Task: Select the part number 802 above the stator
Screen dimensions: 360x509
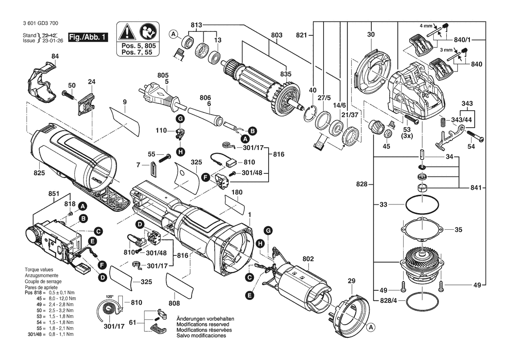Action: [308, 259]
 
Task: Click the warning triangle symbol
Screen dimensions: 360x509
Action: [127, 32]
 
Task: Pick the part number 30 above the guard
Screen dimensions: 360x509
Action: [371, 34]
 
